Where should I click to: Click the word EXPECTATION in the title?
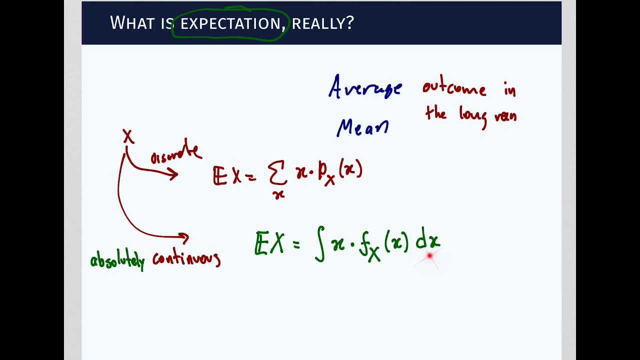point(230,23)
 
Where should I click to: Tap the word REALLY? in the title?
point(322,23)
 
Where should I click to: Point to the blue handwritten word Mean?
point(362,128)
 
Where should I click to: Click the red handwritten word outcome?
point(454,88)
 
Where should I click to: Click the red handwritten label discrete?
point(175,152)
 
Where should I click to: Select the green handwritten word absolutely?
point(117,260)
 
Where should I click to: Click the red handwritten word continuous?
point(186,258)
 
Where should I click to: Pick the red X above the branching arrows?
point(128,136)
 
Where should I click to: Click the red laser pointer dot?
point(429,256)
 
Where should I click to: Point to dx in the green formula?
point(427,241)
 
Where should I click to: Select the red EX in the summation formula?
point(227,176)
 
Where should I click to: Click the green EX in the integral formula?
point(269,244)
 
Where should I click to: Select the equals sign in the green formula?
point(296,244)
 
